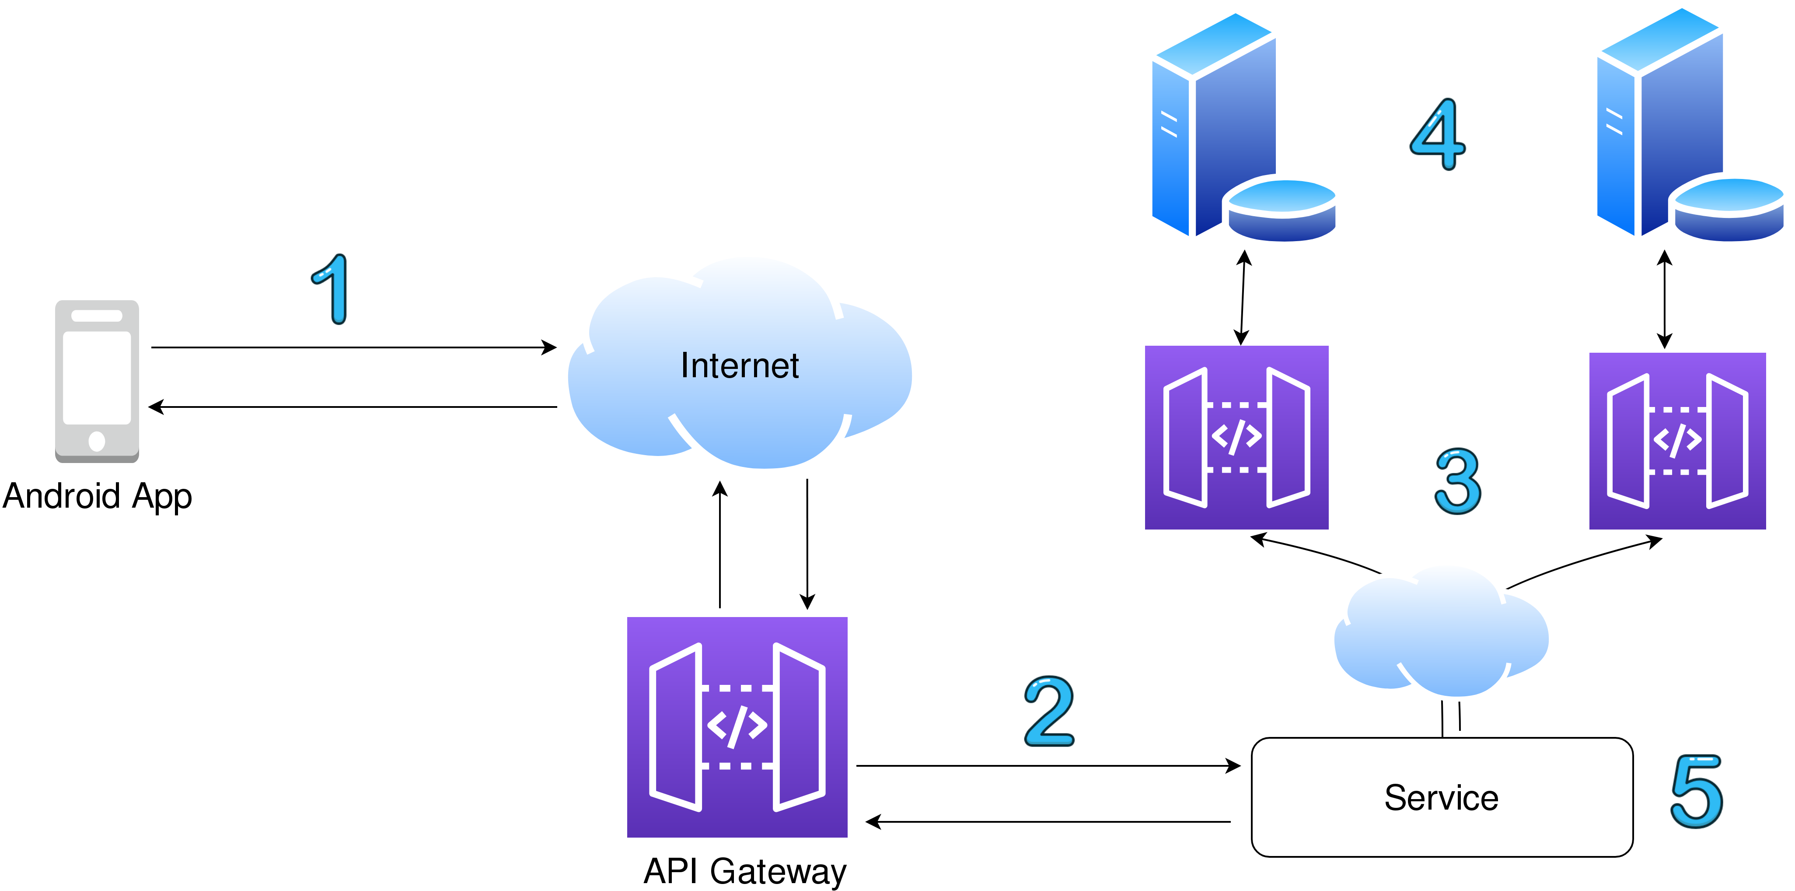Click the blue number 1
(332, 289)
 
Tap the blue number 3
(1458, 481)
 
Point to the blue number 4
(1438, 134)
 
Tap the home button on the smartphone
(97, 441)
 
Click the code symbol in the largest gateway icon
(737, 726)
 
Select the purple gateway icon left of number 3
(1236, 437)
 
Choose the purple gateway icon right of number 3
(1677, 441)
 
